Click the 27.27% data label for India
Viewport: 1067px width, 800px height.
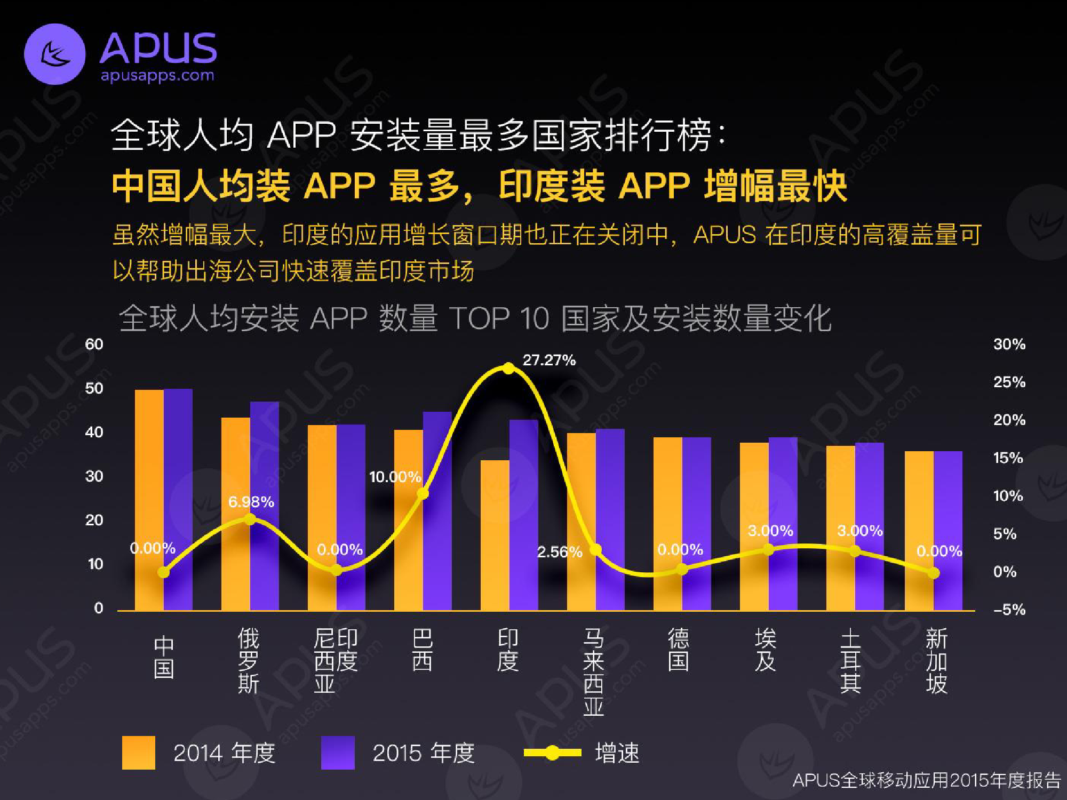(549, 360)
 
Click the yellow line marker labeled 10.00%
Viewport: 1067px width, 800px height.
(423, 494)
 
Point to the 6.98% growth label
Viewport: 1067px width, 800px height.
(251, 502)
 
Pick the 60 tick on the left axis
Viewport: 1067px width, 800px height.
(94, 344)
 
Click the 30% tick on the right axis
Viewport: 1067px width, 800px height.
(1009, 344)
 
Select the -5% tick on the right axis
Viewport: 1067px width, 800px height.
(1009, 609)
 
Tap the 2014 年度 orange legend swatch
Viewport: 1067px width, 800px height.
(138, 753)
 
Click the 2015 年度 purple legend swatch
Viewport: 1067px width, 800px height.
(338, 753)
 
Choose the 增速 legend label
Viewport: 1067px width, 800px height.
(617, 753)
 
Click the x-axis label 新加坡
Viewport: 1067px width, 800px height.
(936, 661)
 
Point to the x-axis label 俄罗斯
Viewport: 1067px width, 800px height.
(249, 661)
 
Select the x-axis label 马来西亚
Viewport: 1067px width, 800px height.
(593, 671)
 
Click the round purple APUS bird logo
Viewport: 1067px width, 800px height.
(55, 54)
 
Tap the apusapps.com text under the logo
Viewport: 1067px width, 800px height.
(157, 76)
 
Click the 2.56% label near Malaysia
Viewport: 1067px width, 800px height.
(559, 552)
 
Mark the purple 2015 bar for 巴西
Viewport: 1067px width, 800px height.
(437, 512)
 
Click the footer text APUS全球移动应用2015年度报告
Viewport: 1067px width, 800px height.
(926, 780)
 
